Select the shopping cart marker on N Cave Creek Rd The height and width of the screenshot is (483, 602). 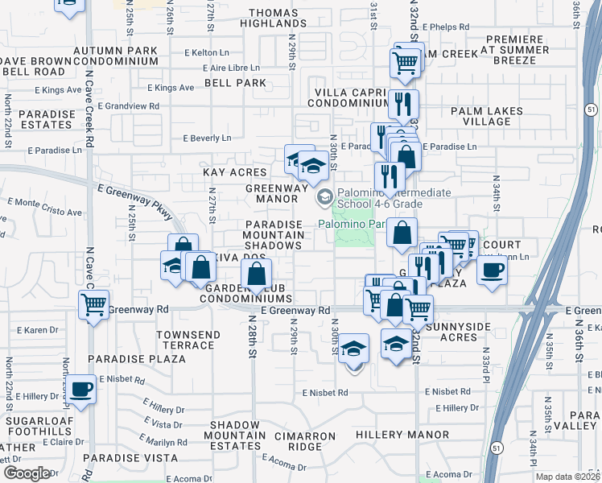94,305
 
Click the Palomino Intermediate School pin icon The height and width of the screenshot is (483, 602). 324,196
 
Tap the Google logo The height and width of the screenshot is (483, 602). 26,473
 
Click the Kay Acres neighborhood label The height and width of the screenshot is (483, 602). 234,172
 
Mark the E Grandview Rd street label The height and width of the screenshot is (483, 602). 129,105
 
